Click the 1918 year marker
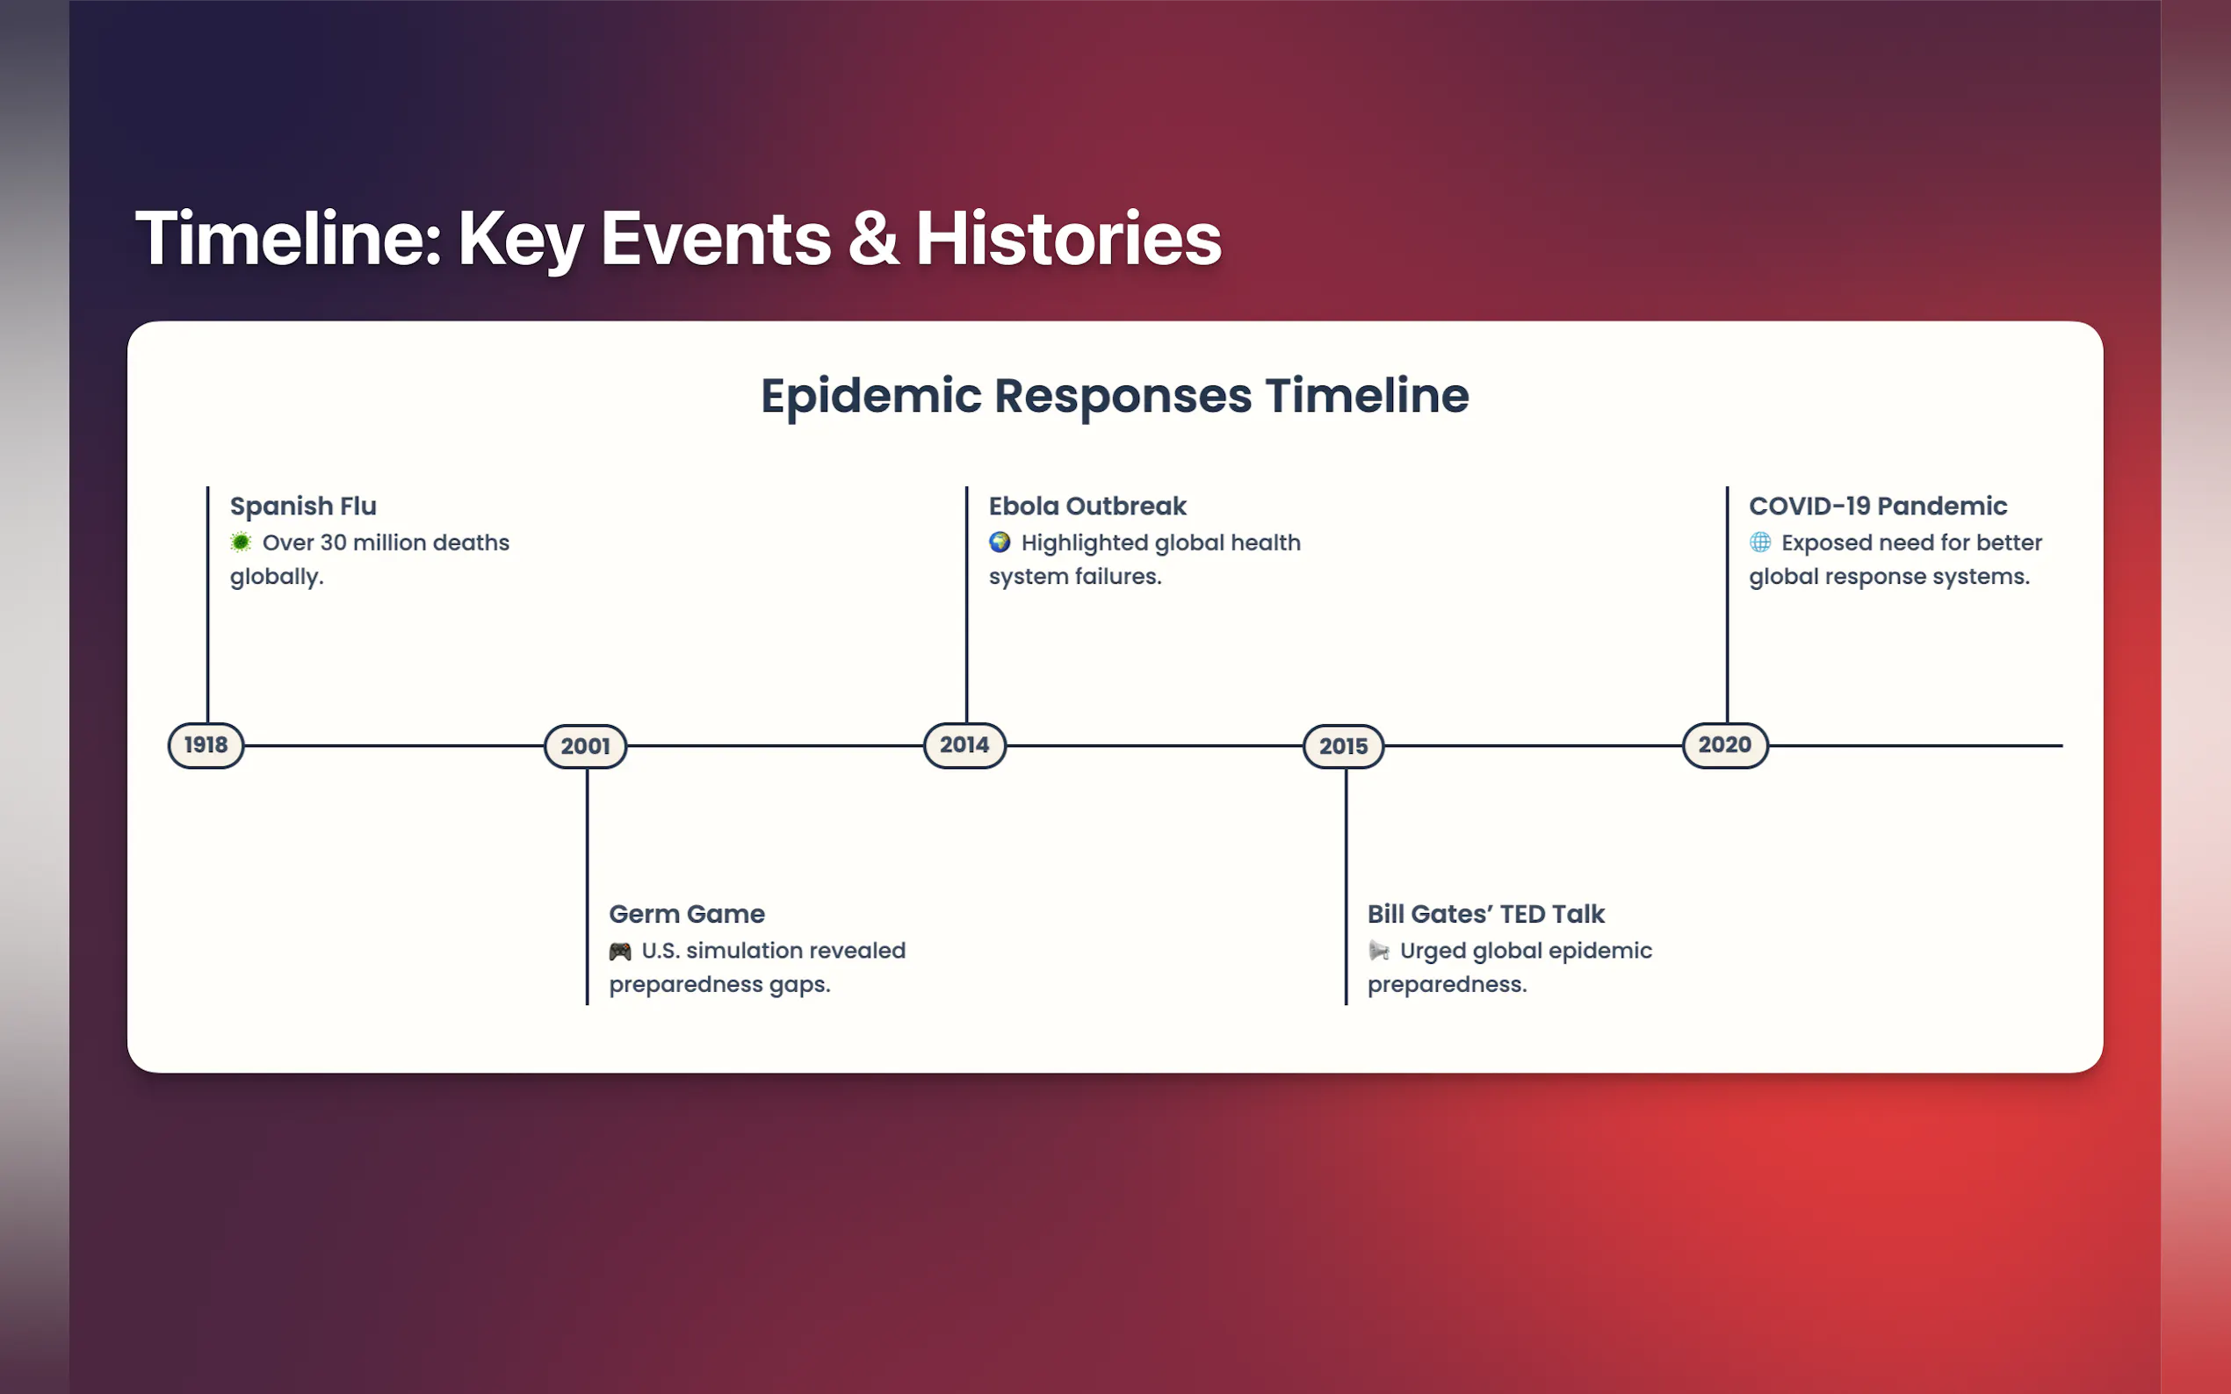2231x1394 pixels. (x=206, y=745)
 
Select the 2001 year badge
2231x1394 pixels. (x=586, y=746)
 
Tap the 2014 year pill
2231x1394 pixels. (x=964, y=745)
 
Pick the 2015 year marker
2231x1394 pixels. (x=1344, y=746)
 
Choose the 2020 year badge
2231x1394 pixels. (x=1725, y=745)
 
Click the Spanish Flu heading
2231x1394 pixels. (x=303, y=507)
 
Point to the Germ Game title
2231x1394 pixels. (x=687, y=914)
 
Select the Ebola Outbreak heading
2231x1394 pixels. (x=1087, y=507)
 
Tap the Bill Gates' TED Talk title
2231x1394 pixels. (x=1486, y=914)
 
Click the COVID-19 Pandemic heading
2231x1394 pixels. (x=1878, y=507)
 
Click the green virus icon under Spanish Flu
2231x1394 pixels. (x=241, y=543)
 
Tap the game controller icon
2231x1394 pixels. (x=620, y=951)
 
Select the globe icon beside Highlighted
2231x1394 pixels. (x=1000, y=543)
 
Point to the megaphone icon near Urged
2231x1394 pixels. (x=1379, y=951)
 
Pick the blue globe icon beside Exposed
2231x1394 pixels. (x=1759, y=543)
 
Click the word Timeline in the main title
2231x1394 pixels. (x=289, y=238)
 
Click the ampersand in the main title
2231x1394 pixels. (x=873, y=238)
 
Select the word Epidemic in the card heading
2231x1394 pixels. (x=871, y=397)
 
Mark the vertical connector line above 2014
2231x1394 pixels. (x=966, y=605)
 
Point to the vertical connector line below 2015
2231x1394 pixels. (x=1346, y=887)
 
